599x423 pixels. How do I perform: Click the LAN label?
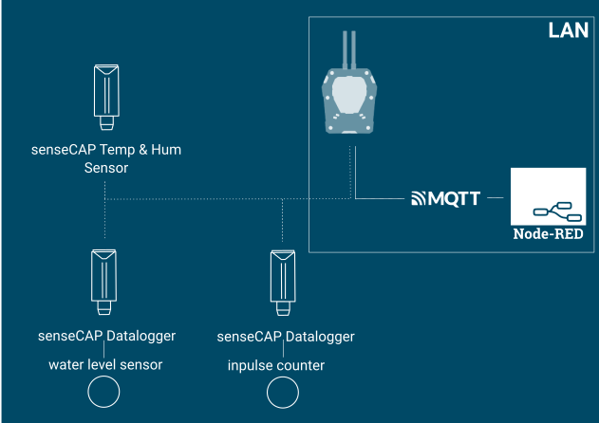(x=569, y=29)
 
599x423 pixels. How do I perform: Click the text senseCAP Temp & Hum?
(x=105, y=150)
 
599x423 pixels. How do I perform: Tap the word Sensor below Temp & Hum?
(x=105, y=167)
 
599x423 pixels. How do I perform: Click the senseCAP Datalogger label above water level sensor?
(x=106, y=336)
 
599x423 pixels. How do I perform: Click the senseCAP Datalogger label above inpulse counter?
(x=286, y=336)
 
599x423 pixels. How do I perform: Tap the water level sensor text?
(x=106, y=364)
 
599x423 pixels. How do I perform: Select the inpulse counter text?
(x=276, y=364)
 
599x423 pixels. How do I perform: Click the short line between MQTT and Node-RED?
(x=494, y=198)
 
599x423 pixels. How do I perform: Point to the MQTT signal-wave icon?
(x=419, y=198)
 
